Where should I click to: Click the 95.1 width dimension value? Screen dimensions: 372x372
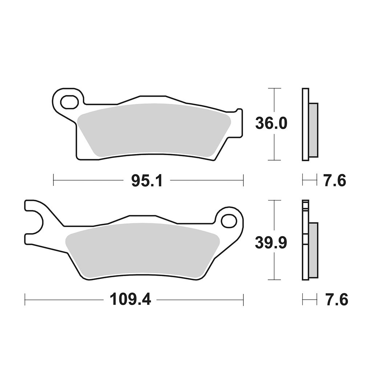[147, 181]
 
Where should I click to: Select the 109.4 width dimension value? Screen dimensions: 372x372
[130, 300]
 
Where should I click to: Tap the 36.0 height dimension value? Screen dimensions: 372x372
[271, 124]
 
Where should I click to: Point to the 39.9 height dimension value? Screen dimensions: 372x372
[271, 243]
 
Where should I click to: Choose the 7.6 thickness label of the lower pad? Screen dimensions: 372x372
[335, 299]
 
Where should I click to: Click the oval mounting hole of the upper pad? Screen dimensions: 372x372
[69, 102]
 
